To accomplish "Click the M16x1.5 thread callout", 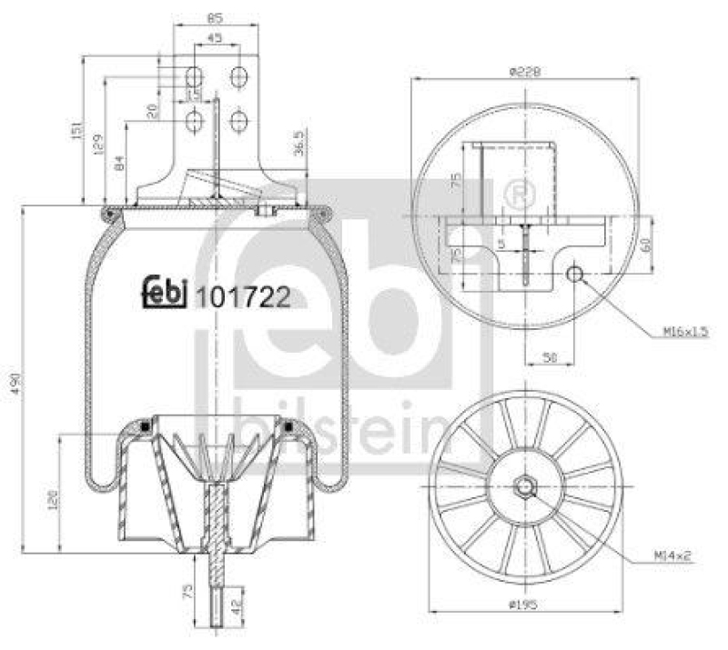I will click(x=685, y=332).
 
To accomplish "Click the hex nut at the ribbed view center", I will click(x=527, y=487).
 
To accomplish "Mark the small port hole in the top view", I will click(x=575, y=274).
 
